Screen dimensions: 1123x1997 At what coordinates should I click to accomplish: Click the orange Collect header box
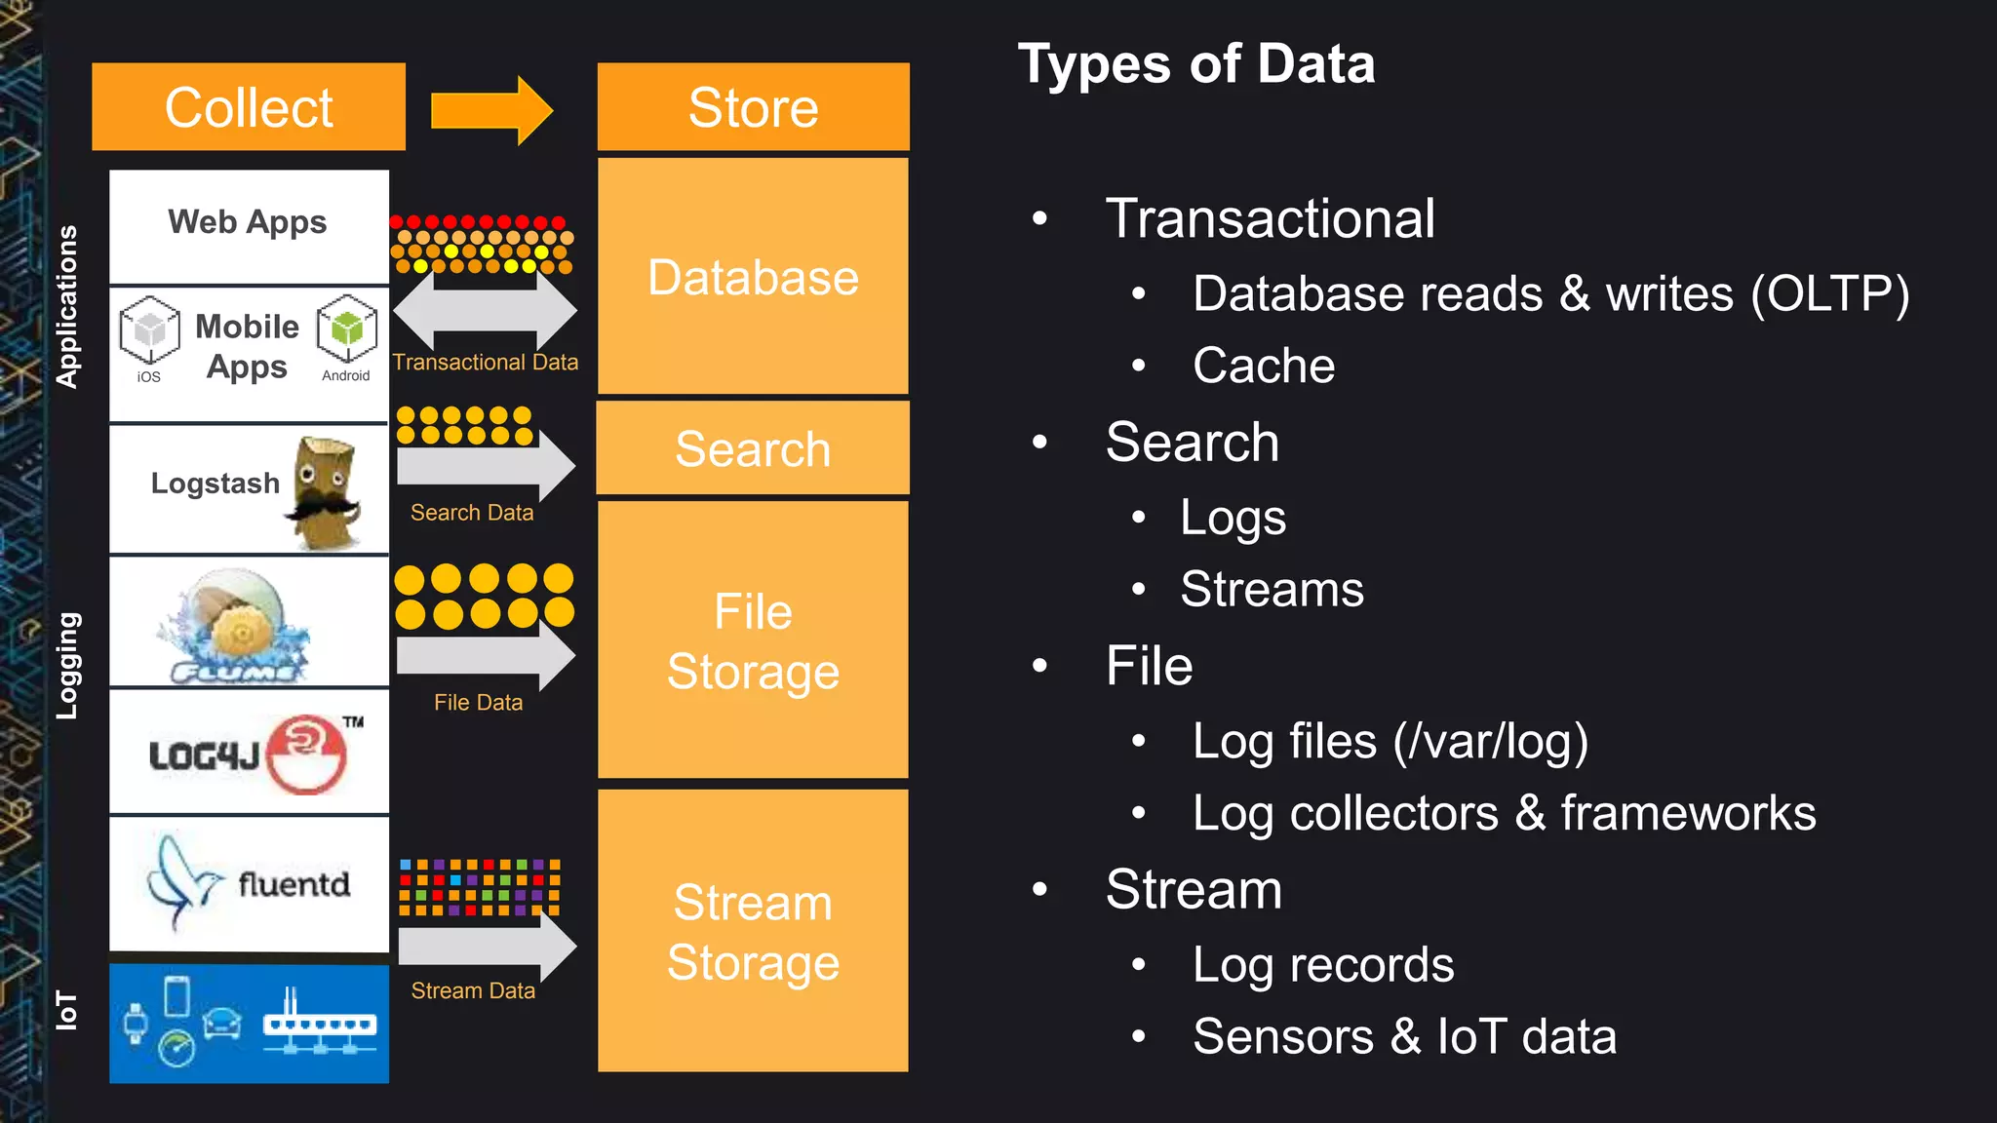tap(249, 107)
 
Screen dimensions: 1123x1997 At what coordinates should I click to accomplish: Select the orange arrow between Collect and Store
tap(491, 110)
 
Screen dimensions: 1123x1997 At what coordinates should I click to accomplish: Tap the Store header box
tap(753, 107)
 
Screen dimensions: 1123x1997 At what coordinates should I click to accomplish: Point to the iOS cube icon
tap(149, 330)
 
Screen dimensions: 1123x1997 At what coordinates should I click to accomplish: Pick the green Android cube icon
tap(346, 328)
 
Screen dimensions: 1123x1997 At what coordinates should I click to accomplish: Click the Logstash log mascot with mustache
tap(325, 492)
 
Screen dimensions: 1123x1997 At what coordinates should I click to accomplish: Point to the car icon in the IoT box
tap(222, 1024)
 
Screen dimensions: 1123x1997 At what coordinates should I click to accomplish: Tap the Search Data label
tap(472, 513)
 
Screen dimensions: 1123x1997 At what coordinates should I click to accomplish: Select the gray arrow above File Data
tap(486, 656)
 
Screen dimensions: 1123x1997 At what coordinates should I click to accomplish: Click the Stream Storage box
tap(753, 931)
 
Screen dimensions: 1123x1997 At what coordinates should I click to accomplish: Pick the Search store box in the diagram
tap(753, 448)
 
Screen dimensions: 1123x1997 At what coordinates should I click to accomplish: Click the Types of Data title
tap(1196, 64)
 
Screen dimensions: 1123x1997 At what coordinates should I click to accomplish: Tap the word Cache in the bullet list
tap(1264, 366)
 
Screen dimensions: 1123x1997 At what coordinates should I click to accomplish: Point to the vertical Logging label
tap(67, 666)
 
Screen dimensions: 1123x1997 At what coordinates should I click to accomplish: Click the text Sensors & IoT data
tap(1404, 1036)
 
